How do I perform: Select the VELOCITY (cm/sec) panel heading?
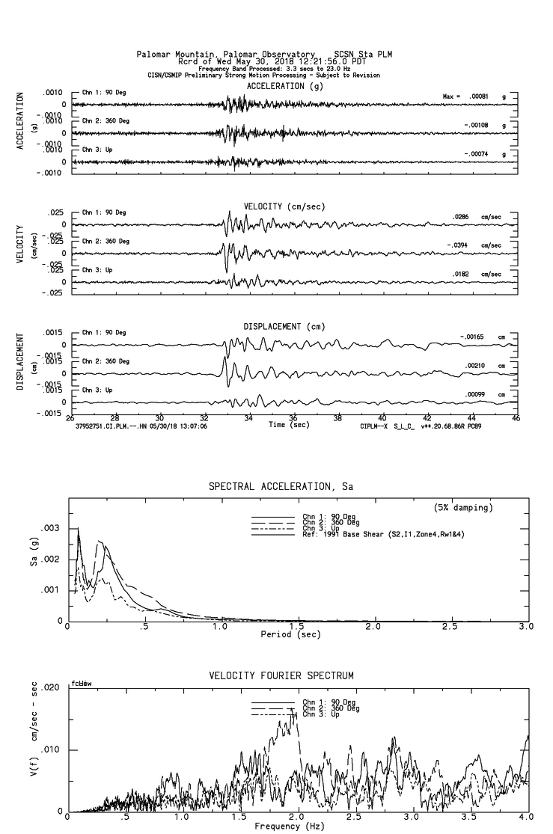[x=275, y=206]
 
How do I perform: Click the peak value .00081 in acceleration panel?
[x=476, y=97]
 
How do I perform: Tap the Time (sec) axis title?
[x=289, y=425]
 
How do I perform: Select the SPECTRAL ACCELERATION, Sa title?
[x=281, y=487]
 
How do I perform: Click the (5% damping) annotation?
[x=464, y=508]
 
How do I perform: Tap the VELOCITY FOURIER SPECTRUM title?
[x=281, y=675]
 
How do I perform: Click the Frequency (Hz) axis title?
[x=288, y=827]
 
